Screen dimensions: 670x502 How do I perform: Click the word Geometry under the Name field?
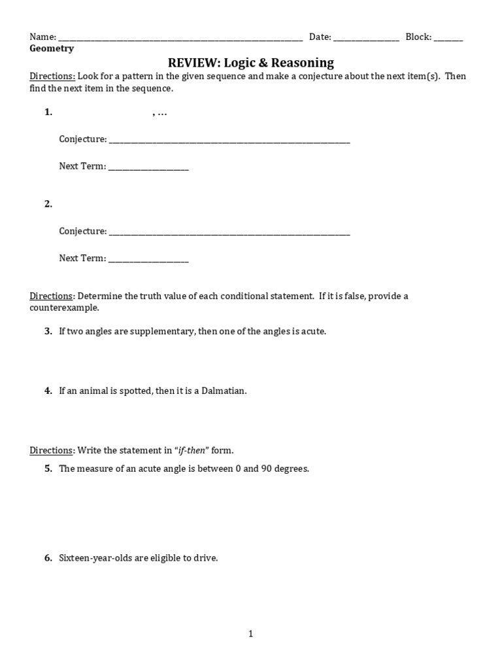52,48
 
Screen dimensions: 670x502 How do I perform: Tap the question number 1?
48,112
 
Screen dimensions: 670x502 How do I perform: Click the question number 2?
48,204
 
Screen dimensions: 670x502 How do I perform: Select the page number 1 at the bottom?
251,633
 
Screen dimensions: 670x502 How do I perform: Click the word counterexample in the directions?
64,308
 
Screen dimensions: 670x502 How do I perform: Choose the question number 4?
48,391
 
